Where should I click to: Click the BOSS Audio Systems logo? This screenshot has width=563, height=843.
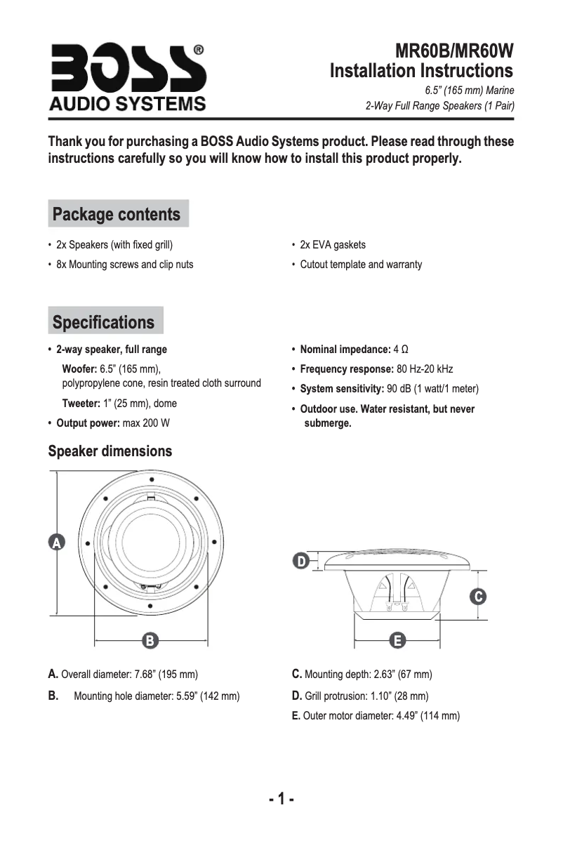coord(127,77)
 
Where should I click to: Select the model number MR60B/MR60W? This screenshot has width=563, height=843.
coord(454,51)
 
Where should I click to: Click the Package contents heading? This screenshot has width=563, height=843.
coord(117,214)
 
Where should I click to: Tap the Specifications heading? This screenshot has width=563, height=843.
coord(104,322)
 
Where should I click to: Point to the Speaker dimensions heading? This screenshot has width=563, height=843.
coord(110,451)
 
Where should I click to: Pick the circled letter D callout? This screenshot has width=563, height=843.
coord(300,561)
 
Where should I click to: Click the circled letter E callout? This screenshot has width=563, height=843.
coord(397,639)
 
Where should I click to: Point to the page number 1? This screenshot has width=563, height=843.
coord(281,799)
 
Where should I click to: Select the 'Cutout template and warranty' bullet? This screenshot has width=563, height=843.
coord(361,265)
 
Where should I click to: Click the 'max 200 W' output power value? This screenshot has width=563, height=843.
coord(146,423)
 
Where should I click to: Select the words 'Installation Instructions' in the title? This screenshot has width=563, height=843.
coord(421,71)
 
